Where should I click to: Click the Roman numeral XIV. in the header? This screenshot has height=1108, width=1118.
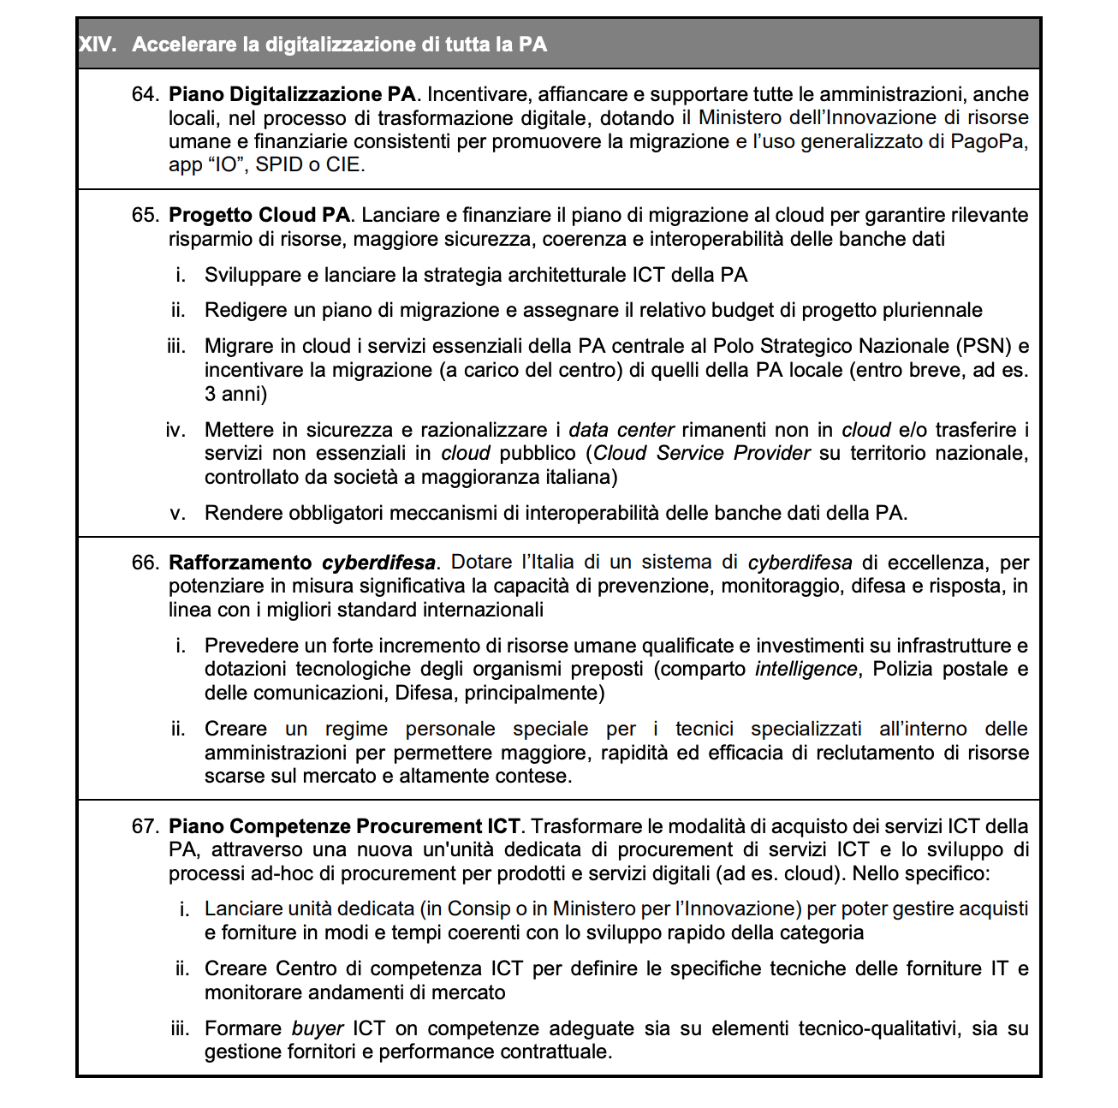pos(97,45)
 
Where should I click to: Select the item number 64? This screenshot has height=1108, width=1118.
pos(145,94)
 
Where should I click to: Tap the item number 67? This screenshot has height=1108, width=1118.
pos(145,826)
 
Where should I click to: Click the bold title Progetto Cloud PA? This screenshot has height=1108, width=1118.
pos(259,215)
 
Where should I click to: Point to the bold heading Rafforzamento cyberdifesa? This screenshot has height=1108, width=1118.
pos(302,563)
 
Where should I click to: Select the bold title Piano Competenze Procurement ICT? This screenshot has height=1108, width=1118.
pos(344,826)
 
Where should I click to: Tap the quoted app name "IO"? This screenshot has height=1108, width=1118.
pos(228,165)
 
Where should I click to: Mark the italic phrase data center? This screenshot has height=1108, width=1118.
pos(621,430)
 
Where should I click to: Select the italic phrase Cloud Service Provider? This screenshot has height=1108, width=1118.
pos(701,453)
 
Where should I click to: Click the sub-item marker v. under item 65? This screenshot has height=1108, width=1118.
pos(178,513)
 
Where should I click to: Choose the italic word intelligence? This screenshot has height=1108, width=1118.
pos(806,669)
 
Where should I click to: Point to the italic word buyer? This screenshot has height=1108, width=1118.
pos(318,1028)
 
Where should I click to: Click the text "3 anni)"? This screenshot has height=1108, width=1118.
pos(235,394)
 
